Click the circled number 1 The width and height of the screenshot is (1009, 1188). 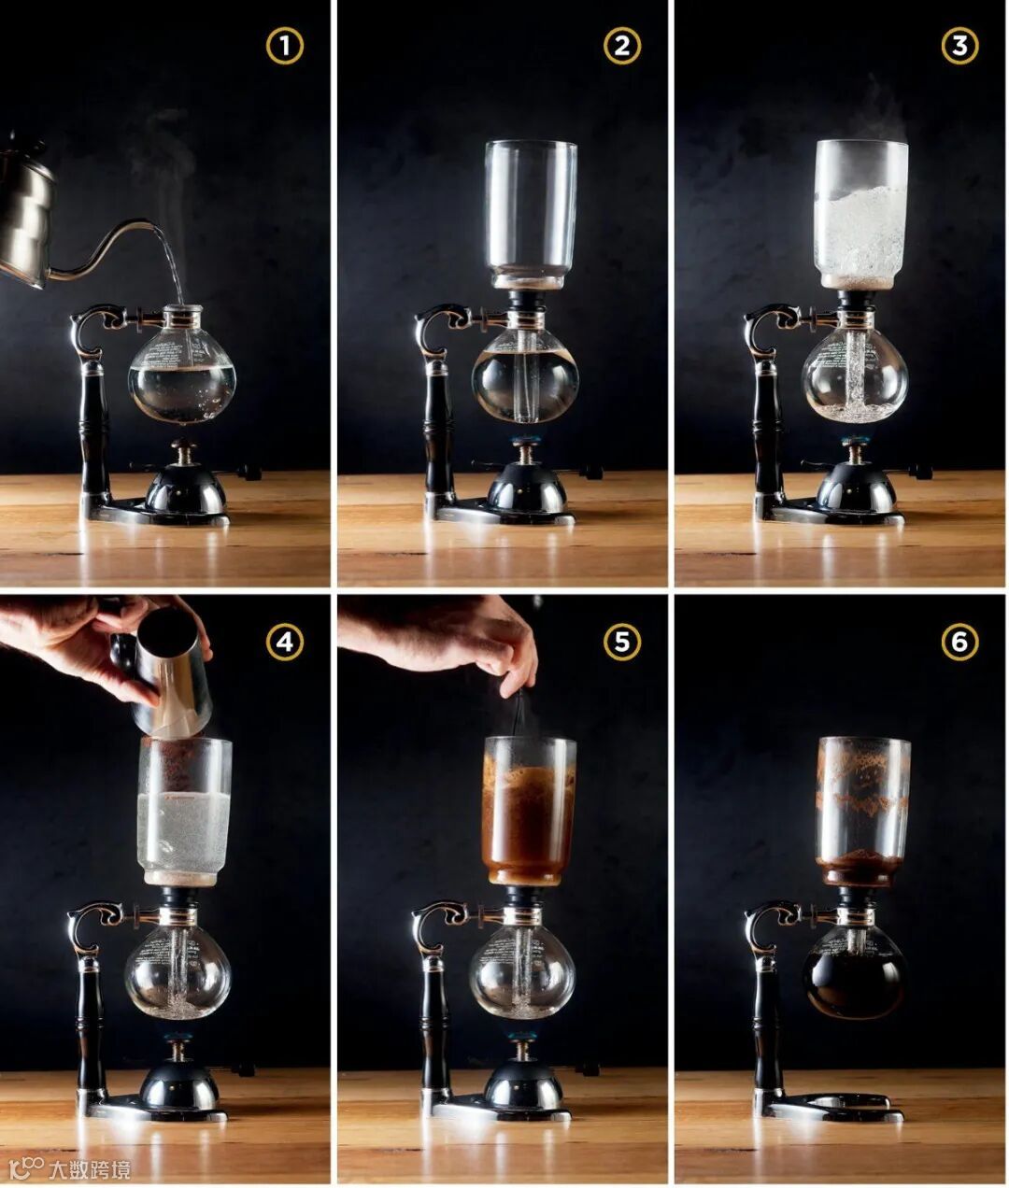point(285,46)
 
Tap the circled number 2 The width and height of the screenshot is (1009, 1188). point(622,46)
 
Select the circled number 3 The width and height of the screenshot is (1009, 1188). point(959,46)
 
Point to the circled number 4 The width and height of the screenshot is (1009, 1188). point(285,642)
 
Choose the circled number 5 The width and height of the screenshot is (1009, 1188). point(622,642)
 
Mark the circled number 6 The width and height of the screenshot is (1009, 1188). point(959,642)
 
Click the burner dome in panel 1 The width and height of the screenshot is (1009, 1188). point(185,491)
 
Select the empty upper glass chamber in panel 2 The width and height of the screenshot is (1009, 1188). point(531,214)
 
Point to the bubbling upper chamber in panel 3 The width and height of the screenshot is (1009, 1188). point(861,214)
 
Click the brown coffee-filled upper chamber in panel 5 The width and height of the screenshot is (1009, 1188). point(530,811)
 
